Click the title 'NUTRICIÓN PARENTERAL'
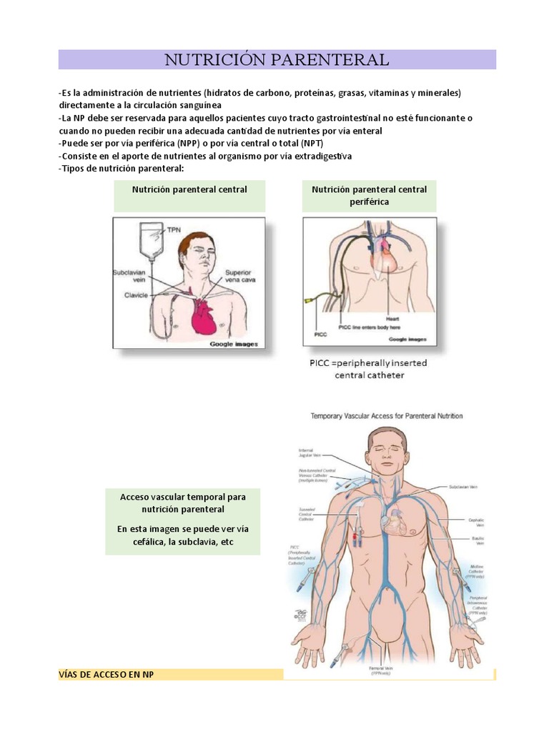(x=277, y=59)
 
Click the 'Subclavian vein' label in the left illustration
(x=129, y=277)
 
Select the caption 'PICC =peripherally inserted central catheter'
(x=368, y=369)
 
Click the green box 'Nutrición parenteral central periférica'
(x=369, y=195)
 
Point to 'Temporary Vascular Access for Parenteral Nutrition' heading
(x=386, y=415)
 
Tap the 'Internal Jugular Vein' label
(x=313, y=453)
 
